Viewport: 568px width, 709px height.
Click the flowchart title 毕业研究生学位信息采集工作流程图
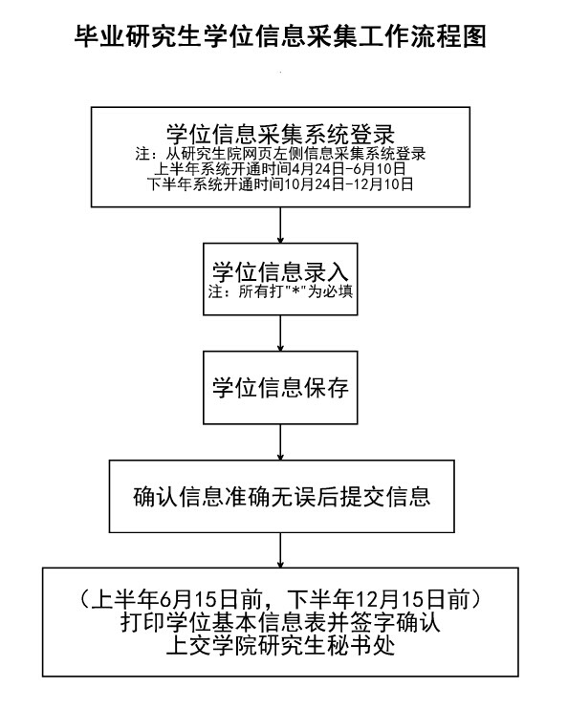[x=280, y=36]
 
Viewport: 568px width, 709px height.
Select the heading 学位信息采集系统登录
[x=280, y=134]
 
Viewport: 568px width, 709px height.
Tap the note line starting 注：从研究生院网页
[x=280, y=154]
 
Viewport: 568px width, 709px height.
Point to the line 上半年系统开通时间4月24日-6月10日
[x=280, y=169]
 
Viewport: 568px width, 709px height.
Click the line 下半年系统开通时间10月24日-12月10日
[x=280, y=184]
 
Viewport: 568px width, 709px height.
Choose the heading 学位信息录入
[x=280, y=271]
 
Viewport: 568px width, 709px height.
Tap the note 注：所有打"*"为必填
[x=280, y=291]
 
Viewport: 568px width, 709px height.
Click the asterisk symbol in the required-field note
[x=296, y=290]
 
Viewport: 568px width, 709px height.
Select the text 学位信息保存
[x=280, y=388]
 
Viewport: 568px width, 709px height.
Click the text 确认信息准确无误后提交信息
[x=281, y=496]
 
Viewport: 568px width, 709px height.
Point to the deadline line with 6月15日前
[x=280, y=599]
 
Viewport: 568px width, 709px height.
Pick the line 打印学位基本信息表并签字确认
[x=280, y=623]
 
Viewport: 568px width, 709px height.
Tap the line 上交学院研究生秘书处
[x=280, y=645]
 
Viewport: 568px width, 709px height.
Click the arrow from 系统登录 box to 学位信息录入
[x=280, y=226]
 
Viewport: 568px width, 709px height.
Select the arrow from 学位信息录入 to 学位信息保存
[x=280, y=333]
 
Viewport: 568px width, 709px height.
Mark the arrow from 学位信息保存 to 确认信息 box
[x=280, y=442]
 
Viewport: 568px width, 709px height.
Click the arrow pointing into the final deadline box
[x=280, y=550]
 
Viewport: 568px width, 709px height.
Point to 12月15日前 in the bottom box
[x=413, y=599]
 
